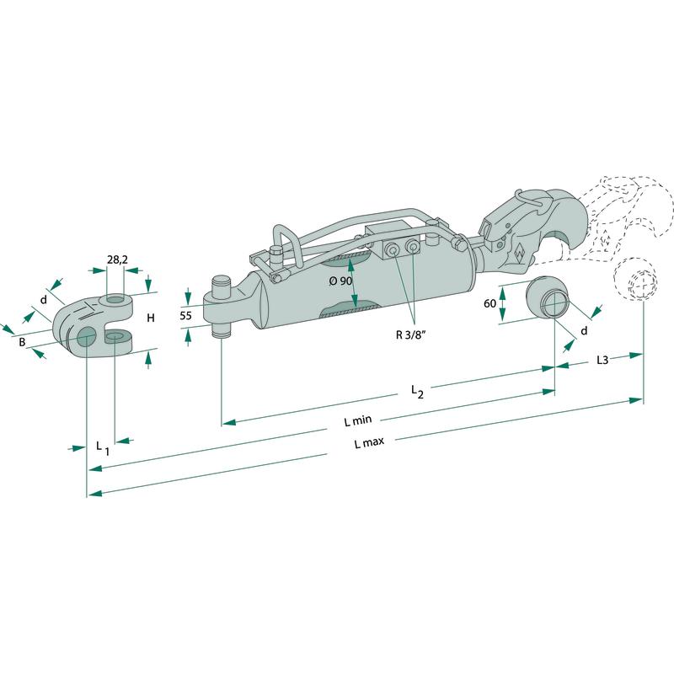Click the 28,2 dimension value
click(117, 259)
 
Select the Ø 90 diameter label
click(340, 281)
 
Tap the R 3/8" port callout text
click(410, 334)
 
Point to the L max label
click(369, 441)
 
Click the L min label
click(357, 420)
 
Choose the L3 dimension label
click(602, 360)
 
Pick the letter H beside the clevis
click(151, 318)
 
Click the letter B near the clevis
click(22, 343)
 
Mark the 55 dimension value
click(185, 316)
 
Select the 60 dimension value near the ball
click(490, 303)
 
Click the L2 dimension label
click(417, 392)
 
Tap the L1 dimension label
click(102, 448)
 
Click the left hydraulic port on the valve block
click(391, 249)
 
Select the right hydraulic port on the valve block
click(412, 246)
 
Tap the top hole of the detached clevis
click(115, 299)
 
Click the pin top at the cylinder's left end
click(222, 280)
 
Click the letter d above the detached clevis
click(44, 300)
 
